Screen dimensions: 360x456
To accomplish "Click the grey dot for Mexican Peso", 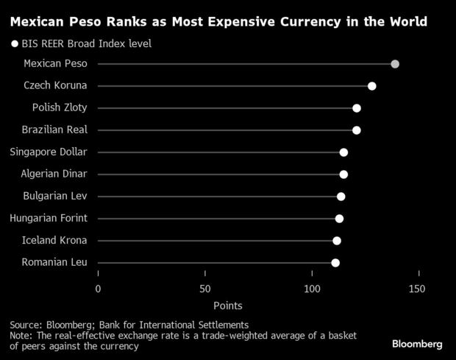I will tap(395, 64).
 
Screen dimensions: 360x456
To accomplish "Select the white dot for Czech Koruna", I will tap(372, 86).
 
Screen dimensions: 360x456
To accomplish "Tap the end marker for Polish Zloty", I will tap(357, 108).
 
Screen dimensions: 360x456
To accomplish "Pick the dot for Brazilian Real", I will tap(357, 130).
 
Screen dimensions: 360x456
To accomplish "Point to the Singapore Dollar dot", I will tap(343, 152).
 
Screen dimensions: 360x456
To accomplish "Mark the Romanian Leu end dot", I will tap(335, 263).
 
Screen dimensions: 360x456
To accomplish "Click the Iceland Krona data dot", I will tap(337, 241).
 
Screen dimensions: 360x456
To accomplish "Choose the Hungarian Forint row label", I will tap(49, 218).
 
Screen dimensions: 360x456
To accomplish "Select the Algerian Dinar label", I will tap(55, 174).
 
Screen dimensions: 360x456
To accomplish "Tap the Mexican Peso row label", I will tap(55, 64).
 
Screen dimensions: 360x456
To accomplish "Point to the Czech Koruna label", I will tap(55, 86).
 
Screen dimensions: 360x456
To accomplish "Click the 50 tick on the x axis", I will tap(204, 289).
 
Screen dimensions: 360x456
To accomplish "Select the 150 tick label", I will tap(417, 289).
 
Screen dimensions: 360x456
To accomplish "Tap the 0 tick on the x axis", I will tap(98, 289).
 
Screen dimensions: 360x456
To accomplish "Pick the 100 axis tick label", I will tap(312, 289).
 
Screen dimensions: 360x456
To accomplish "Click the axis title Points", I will tap(228, 305).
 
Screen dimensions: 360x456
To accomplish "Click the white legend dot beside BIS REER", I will tap(14, 44).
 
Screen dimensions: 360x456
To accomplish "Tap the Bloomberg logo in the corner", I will tap(416, 344).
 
